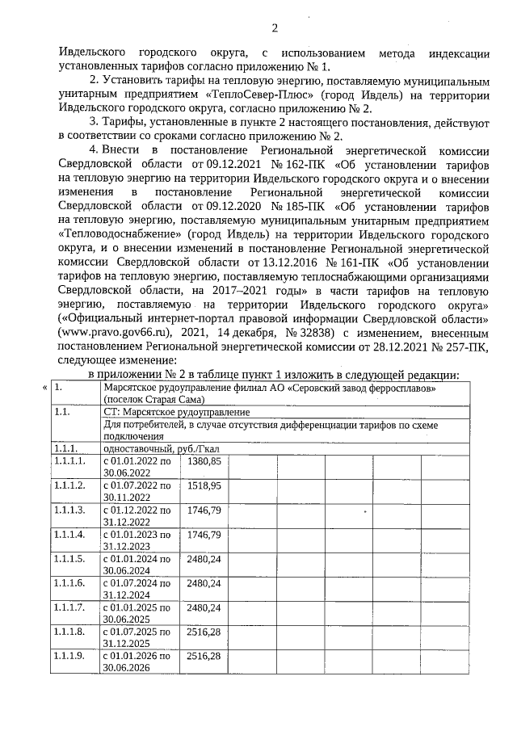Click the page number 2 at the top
point(274,29)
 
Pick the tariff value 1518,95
point(204,485)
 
